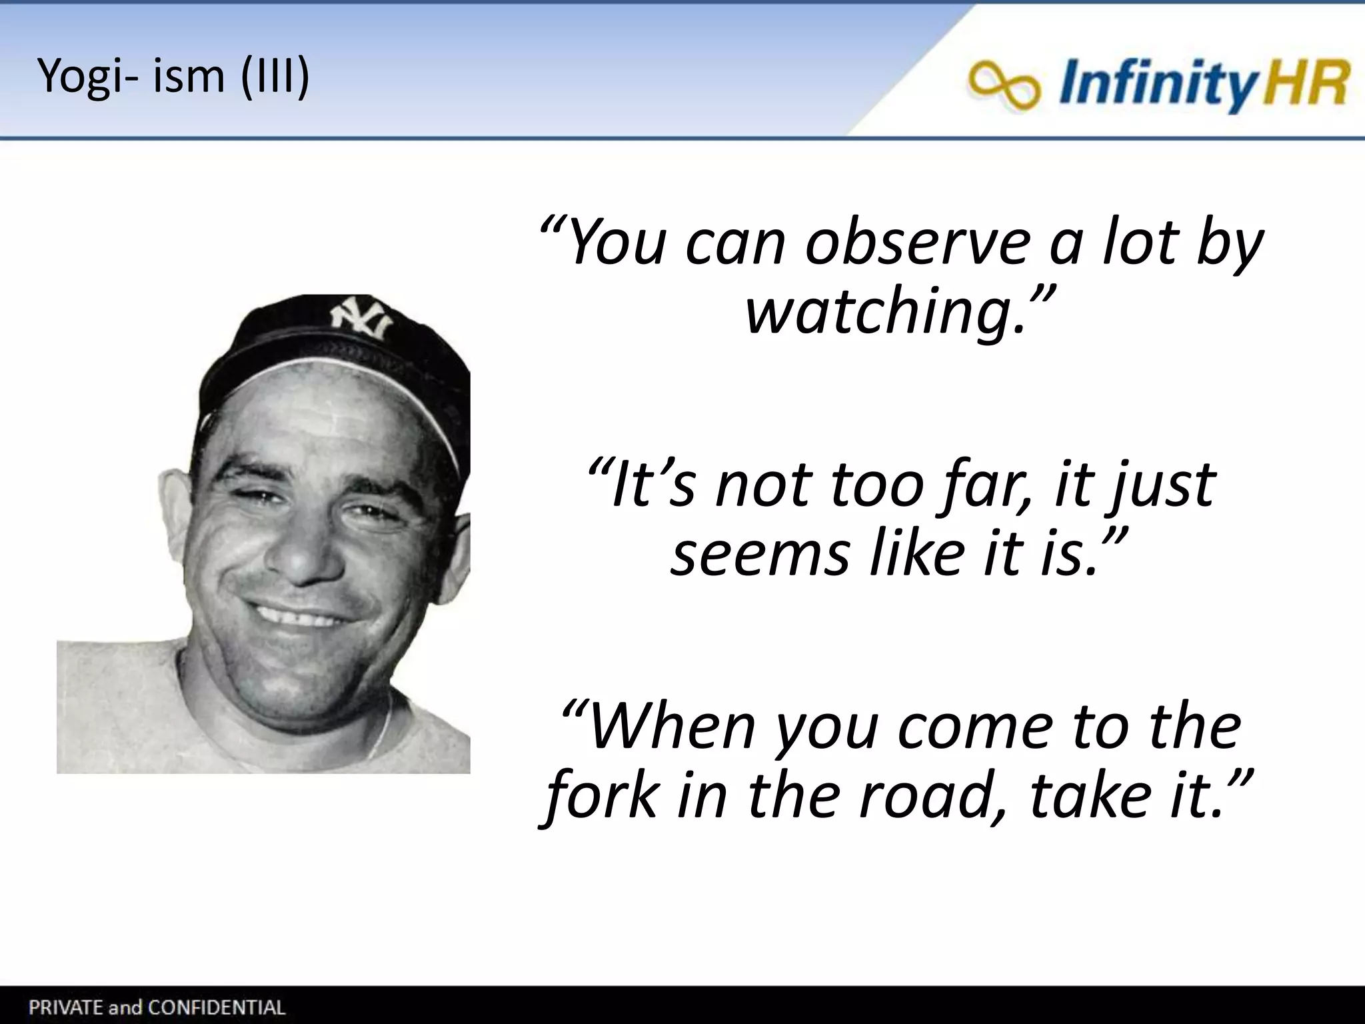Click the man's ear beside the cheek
point(174,507)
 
